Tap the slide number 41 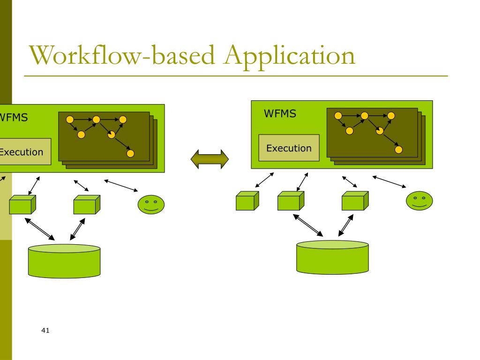(x=45, y=330)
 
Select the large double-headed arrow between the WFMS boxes (x=210, y=159)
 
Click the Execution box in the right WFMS (x=289, y=148)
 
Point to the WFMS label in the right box (x=280, y=113)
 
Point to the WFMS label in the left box (x=14, y=118)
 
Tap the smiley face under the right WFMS (x=420, y=201)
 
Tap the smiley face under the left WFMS (x=151, y=204)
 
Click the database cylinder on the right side (x=332, y=257)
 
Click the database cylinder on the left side (x=64, y=261)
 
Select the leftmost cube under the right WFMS (x=247, y=201)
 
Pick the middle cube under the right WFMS (x=291, y=201)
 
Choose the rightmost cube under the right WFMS (x=355, y=201)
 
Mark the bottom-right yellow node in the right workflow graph (x=398, y=150)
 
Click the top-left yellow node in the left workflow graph (x=70, y=120)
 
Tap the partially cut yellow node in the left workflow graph (x=112, y=135)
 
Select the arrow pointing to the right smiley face (x=389, y=181)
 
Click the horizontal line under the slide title (x=236, y=75)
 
